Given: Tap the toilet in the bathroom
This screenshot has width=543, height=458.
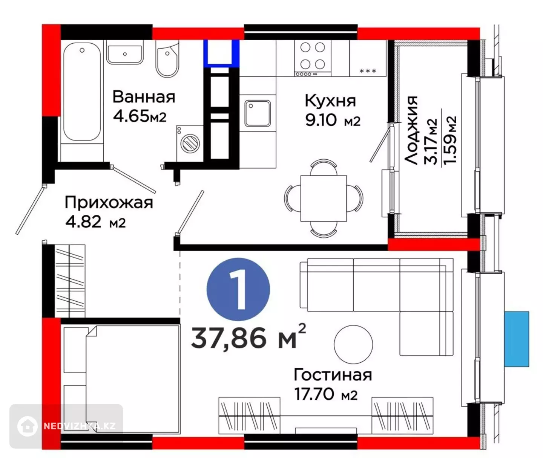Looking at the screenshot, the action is point(167,59).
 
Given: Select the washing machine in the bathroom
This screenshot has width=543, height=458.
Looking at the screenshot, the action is point(190,143).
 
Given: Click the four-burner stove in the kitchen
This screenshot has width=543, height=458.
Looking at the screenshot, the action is point(313,58).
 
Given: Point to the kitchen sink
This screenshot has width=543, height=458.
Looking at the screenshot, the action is point(258,113).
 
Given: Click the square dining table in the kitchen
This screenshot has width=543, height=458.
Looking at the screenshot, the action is point(324,198).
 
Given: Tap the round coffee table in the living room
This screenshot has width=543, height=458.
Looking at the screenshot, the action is point(353,345).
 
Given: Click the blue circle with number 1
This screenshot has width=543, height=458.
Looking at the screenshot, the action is point(238,289).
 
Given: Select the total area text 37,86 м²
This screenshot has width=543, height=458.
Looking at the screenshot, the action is point(248,337).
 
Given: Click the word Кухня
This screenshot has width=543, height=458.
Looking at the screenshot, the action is point(330,101).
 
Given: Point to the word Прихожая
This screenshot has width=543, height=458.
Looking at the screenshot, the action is point(109,203).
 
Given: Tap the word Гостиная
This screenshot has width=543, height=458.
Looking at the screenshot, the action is point(333,375).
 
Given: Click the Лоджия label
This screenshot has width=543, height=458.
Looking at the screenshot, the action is point(411,130).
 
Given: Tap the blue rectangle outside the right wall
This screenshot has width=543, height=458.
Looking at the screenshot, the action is point(517,339).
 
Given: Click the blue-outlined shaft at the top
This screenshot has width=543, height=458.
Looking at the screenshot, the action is point(221,53).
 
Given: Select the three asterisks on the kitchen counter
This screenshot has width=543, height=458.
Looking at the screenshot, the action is point(368,71).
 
